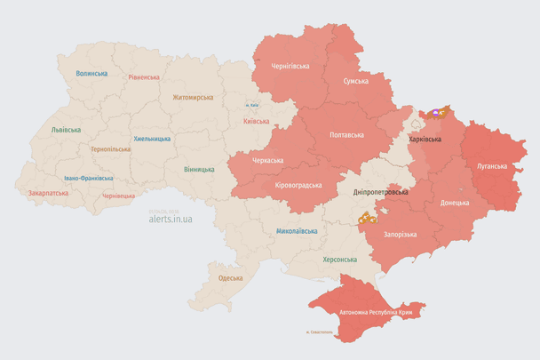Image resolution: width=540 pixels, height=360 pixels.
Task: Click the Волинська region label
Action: point(91,73)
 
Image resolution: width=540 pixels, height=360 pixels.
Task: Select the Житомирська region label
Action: point(193,97)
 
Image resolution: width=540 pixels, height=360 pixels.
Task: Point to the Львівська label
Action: point(66,129)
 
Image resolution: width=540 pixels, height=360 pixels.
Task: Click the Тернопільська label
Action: point(110,148)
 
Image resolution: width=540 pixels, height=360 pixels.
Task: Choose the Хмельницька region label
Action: point(152,139)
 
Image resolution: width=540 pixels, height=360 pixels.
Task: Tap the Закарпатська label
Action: point(47,192)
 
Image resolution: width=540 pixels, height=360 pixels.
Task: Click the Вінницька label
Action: point(199,168)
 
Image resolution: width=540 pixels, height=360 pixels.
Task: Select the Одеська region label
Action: point(230,278)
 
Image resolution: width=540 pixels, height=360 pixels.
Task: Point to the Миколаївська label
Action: point(297,230)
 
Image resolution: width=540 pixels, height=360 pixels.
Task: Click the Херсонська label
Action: point(339,260)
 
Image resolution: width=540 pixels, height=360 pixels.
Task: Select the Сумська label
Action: point(355,80)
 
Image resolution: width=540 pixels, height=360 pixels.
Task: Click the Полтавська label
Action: point(346,134)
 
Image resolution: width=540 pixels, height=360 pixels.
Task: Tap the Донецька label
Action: point(456,203)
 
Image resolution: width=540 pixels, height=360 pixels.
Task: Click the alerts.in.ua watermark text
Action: point(171,217)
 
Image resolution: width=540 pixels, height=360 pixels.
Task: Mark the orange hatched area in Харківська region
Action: point(436,113)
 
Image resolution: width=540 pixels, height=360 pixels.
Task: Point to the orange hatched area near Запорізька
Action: point(366,217)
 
